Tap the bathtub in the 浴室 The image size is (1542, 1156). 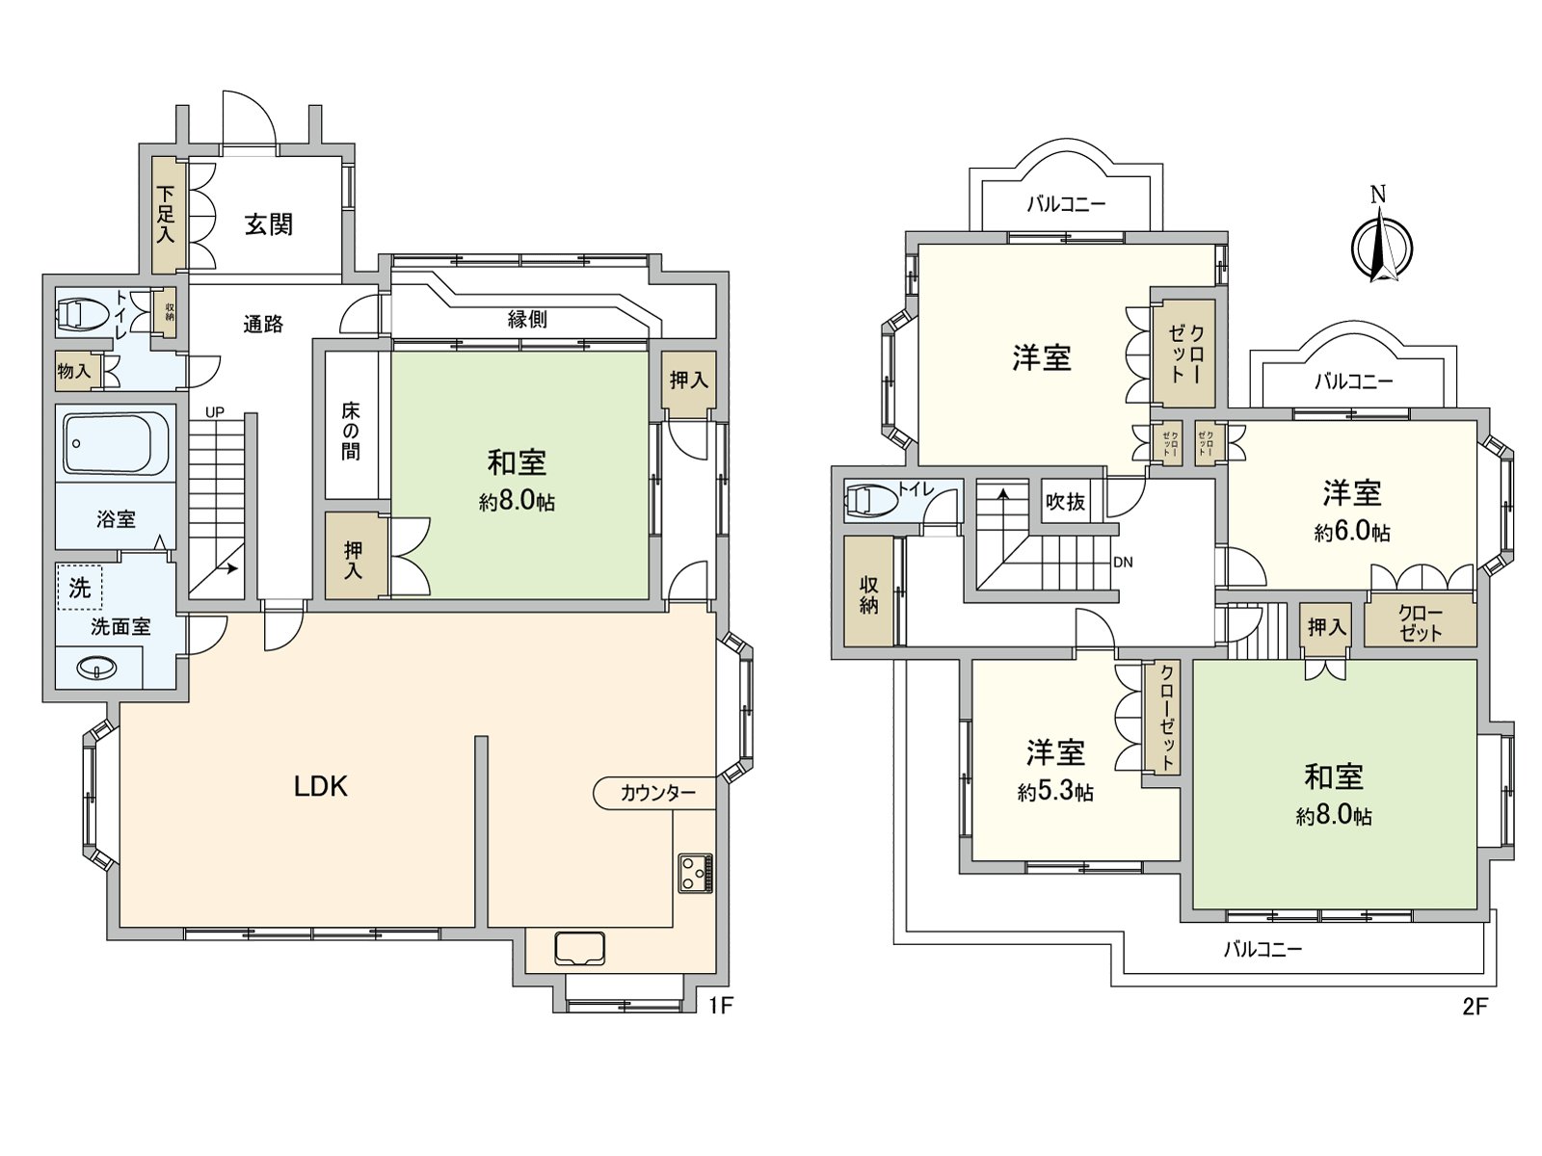(116, 443)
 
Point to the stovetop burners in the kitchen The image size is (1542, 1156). (695, 873)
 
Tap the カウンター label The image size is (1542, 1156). (657, 793)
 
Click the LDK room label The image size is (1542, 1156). (321, 787)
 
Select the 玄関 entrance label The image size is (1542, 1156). (268, 224)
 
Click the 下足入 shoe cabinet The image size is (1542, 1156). (166, 214)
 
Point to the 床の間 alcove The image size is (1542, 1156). (351, 431)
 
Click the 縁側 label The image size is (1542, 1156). (527, 320)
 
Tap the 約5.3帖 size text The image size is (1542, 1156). (1055, 792)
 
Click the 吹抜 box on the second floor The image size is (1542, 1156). (1066, 501)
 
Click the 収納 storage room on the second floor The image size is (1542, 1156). (868, 594)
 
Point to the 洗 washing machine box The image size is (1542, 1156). (80, 587)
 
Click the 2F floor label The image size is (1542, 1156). (1476, 1008)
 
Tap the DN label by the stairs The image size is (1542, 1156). (1123, 562)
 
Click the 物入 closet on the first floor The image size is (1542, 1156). (74, 371)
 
